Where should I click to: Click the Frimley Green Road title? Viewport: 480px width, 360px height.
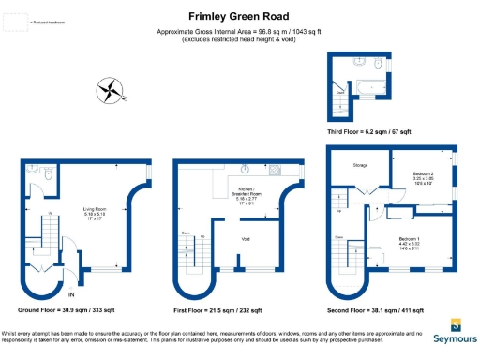(238, 16)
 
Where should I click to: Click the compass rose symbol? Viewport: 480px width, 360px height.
(111, 91)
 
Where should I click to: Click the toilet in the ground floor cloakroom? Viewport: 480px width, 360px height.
(32, 172)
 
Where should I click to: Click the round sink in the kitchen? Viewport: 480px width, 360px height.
(244, 170)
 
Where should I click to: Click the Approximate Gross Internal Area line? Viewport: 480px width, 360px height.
(238, 33)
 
